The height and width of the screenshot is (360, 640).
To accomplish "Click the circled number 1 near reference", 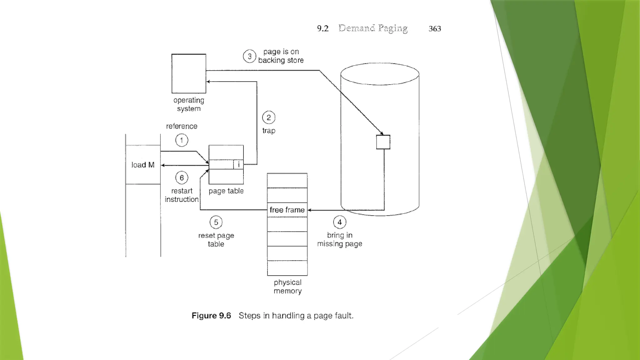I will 182,140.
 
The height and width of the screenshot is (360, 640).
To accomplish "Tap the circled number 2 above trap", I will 269,118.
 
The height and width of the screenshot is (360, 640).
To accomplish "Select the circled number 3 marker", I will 249,57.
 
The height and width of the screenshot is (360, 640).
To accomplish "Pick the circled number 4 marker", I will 340,222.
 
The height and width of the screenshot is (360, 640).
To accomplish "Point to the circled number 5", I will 216,222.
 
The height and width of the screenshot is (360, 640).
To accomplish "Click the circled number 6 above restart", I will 182,178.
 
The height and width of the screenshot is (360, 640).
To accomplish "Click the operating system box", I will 189,74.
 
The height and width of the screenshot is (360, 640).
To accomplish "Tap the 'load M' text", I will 143,165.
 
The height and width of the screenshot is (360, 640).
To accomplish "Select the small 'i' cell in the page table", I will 238,164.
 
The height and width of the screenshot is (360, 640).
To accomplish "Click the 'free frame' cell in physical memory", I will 287,210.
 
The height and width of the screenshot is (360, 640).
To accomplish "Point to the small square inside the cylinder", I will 383,142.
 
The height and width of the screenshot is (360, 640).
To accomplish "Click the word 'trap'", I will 269,131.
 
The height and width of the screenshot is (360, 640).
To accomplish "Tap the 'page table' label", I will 226,191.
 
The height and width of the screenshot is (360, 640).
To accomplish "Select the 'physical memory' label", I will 287,287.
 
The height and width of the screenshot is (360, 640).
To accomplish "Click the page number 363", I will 435,29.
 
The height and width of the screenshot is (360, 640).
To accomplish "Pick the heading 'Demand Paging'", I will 373,28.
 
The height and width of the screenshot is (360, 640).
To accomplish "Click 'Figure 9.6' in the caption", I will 211,316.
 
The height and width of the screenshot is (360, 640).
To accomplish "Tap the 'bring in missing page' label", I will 340,239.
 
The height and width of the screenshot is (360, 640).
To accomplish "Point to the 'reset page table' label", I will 216,240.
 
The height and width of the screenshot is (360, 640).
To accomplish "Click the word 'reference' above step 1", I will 182,126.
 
